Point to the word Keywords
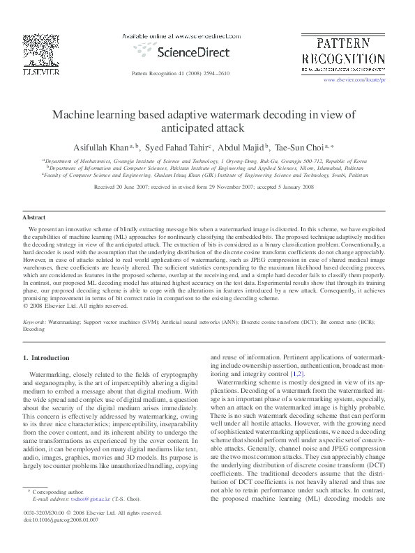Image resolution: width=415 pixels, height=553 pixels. tap(35, 323)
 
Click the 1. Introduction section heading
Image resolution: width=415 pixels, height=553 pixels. tap(47, 358)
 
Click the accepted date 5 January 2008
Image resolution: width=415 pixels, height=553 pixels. tap(295, 188)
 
